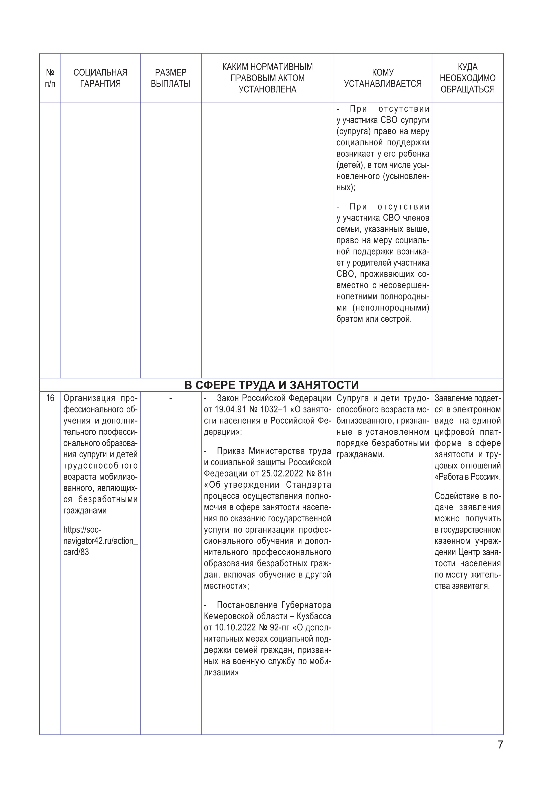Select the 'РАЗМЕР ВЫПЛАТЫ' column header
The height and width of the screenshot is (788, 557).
click(x=170, y=78)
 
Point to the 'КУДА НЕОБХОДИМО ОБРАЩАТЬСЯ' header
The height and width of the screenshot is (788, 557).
click(x=467, y=78)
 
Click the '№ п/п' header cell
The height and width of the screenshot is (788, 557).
click(x=50, y=78)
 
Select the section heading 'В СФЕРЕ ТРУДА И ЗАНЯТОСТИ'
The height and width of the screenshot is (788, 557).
click(x=271, y=385)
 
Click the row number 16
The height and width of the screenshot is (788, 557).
click(x=50, y=398)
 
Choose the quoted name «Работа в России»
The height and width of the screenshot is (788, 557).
click(x=467, y=477)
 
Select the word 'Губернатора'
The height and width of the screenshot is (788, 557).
click(x=306, y=605)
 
